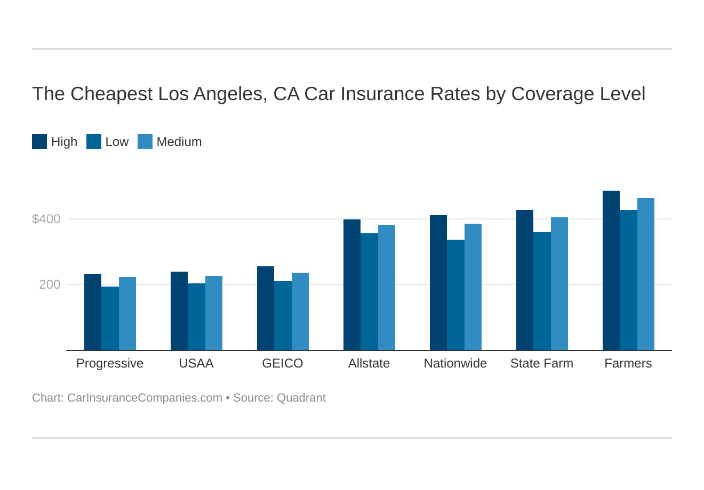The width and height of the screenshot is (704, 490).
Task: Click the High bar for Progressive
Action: [93, 312]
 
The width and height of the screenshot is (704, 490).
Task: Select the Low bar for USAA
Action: [196, 317]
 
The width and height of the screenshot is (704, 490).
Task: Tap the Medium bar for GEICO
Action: [300, 312]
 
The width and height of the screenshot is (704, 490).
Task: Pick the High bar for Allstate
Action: [352, 285]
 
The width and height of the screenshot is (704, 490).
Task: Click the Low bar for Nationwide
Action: [455, 295]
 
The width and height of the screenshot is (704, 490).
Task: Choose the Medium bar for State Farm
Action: [559, 284]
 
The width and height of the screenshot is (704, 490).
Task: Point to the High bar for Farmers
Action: [611, 271]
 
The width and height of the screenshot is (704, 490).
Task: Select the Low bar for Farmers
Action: [628, 280]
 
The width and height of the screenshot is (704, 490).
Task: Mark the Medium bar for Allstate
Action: [387, 288]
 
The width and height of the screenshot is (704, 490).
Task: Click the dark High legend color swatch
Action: [39, 142]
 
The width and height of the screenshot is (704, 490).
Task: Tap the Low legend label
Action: [117, 142]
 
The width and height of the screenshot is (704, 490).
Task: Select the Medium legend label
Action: [179, 142]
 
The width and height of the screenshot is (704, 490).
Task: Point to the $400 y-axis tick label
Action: [46, 219]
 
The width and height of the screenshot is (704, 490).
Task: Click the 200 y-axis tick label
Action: [50, 284]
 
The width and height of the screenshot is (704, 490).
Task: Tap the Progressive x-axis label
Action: [110, 363]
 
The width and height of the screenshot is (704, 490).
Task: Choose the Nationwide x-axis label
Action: [455, 363]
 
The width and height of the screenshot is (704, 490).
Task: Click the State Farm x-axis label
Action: [542, 363]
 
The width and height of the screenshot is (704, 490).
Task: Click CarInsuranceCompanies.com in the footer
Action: [145, 398]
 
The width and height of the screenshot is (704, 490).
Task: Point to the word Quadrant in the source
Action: [301, 398]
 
